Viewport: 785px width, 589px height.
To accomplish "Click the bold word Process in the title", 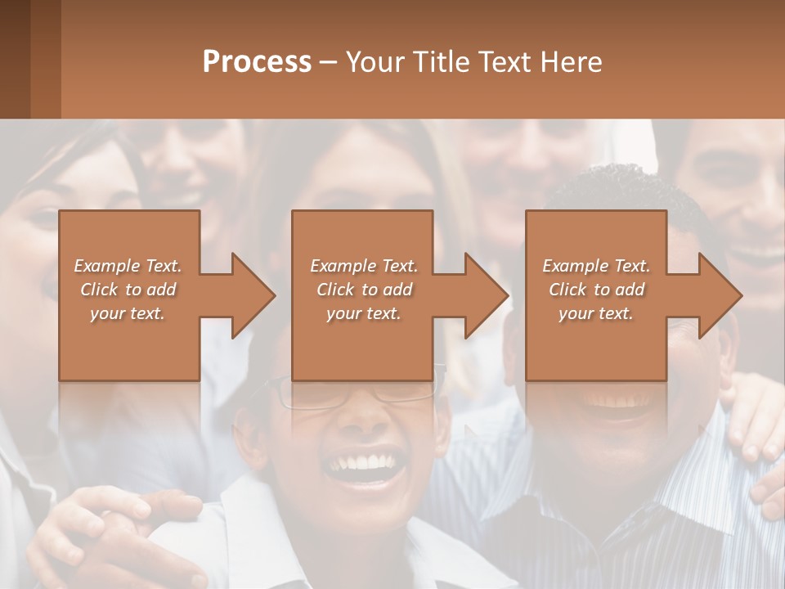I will click(x=257, y=62).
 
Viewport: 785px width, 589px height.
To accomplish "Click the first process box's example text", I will click(x=128, y=290).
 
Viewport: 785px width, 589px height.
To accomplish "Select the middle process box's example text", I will click(x=364, y=290).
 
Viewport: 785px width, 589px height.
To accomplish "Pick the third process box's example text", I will click(x=596, y=290).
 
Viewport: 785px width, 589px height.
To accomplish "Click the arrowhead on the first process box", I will click(x=249, y=295).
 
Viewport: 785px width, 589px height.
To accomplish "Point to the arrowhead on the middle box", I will click(x=482, y=295).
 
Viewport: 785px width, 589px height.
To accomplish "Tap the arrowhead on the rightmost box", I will click(x=716, y=295).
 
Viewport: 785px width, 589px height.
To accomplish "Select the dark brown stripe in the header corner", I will click(x=15, y=59).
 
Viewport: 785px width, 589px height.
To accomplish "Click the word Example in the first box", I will click(x=106, y=266).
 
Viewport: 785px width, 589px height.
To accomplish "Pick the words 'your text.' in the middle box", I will click(x=364, y=313).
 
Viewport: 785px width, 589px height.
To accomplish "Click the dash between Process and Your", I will click(x=329, y=62).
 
